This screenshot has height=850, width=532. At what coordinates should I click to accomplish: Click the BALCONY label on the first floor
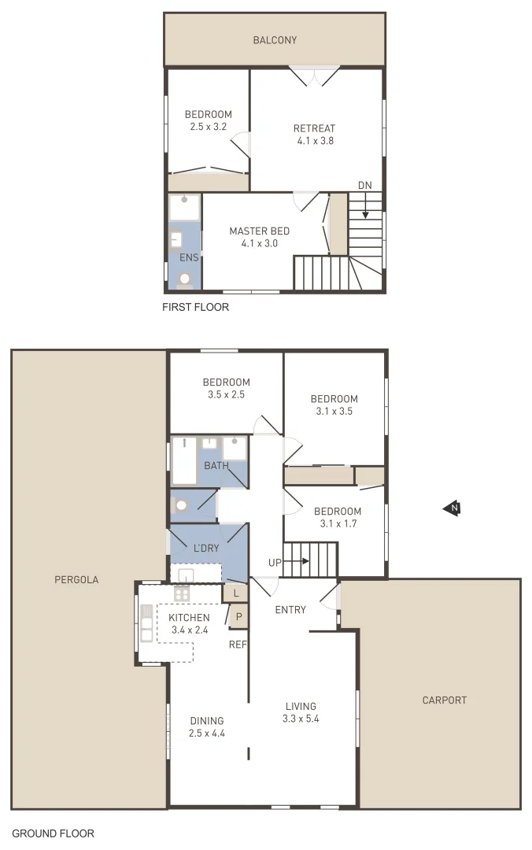275,40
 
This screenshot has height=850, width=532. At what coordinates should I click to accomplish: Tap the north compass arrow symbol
453,508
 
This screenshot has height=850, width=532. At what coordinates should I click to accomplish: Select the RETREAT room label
314,129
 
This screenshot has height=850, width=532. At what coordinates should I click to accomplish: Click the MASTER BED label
259,231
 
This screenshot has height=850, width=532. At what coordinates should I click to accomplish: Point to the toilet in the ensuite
185,278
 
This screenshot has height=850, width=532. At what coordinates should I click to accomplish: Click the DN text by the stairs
364,186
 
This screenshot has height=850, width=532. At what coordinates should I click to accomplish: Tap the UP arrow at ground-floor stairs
293,562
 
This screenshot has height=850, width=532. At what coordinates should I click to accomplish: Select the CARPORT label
444,700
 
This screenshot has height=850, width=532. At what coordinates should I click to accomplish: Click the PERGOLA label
76,579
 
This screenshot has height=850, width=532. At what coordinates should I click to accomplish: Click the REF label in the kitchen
238,645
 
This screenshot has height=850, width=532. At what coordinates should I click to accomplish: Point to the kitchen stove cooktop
182,594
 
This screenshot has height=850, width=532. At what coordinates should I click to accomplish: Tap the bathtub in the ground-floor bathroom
184,460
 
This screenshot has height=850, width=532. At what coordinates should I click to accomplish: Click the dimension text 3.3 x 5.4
301,719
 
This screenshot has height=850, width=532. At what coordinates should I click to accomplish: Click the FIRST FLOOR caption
195,307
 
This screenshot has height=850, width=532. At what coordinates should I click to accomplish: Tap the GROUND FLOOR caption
53,833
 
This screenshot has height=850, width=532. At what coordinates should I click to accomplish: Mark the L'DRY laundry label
205,548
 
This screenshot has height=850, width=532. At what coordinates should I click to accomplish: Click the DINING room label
207,720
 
